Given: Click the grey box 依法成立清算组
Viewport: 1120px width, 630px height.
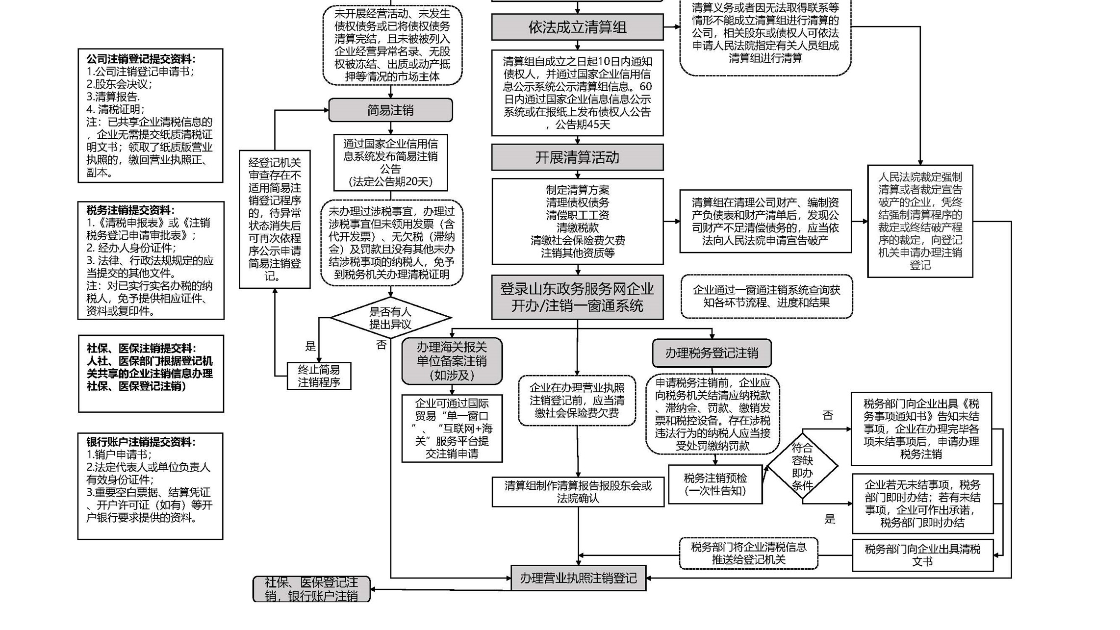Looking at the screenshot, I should (577, 27).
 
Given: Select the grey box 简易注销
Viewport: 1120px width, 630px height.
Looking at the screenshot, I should (390, 110).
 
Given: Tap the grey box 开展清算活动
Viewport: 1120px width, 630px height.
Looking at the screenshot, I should (577, 157).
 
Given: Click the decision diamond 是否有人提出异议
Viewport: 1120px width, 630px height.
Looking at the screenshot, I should (390, 318).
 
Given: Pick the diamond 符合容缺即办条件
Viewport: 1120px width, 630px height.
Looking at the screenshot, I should (802, 466).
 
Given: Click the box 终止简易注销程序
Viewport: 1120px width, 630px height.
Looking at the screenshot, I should (319, 376).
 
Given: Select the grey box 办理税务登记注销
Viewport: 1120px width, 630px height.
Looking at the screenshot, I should (712, 353).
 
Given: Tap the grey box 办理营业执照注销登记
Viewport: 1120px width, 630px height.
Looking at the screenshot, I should (578, 578).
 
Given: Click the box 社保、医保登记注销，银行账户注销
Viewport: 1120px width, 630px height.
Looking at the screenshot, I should (311, 589).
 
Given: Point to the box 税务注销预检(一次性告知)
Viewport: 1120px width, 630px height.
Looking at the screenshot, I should (715, 484).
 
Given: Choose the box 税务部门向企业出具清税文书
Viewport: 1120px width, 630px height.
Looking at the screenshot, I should (922, 555).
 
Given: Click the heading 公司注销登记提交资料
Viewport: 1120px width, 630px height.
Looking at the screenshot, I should (141, 59).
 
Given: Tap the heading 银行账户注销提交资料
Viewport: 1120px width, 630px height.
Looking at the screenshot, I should (141, 442).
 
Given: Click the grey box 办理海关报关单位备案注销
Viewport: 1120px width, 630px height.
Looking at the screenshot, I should (452, 361).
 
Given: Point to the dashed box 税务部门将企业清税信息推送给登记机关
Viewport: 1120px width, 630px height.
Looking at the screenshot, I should (748, 553).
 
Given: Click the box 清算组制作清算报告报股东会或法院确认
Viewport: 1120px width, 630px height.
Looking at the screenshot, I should (578, 492).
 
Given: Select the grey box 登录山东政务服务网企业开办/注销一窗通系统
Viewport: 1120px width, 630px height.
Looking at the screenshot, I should (577, 298).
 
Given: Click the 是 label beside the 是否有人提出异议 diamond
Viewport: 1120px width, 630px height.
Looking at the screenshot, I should (310, 346).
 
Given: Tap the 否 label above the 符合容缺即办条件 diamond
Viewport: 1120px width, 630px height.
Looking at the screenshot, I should (828, 415).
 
